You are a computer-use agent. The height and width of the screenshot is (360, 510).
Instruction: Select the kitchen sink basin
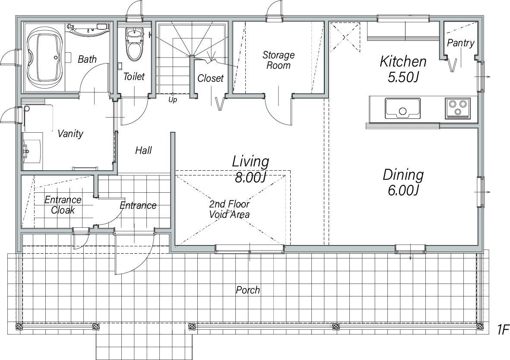(402, 108)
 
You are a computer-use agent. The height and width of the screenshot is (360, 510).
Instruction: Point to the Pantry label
(461, 43)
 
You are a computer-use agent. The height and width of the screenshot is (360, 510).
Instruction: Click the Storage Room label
(279, 60)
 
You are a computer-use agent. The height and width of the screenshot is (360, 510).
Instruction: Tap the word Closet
(210, 78)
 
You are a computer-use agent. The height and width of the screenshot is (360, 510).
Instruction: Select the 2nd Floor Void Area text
(229, 209)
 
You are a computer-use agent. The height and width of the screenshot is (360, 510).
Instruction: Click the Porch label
(248, 290)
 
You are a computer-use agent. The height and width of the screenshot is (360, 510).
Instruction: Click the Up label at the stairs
(173, 100)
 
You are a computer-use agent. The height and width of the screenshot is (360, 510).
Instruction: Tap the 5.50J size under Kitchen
(402, 77)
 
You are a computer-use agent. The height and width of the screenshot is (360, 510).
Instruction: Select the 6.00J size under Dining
(402, 190)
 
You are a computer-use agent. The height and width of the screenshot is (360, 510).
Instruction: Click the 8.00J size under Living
(250, 177)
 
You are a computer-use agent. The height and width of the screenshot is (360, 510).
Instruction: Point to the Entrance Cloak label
(63, 205)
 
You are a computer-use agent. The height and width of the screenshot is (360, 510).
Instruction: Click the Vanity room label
(70, 134)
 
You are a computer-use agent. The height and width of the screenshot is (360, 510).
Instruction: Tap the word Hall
(143, 150)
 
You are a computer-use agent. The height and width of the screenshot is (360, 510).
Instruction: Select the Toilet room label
(134, 76)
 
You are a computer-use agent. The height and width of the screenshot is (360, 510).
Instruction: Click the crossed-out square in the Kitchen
(345, 37)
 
